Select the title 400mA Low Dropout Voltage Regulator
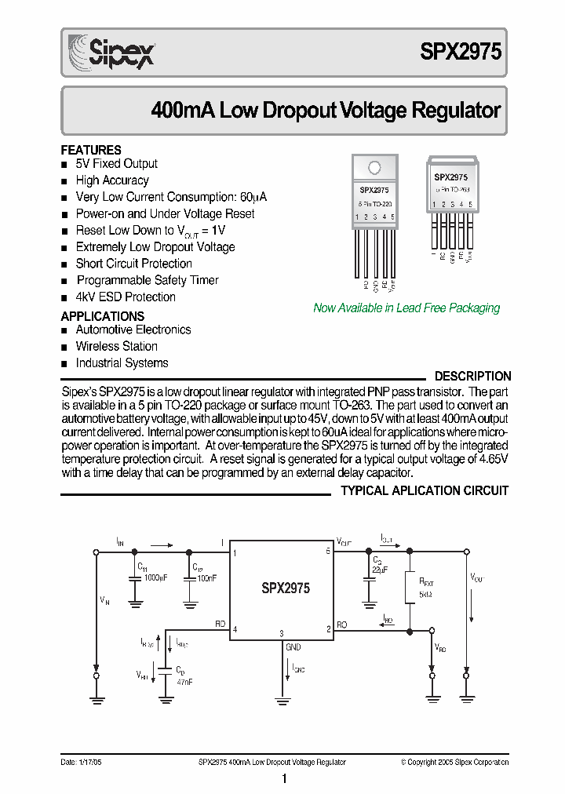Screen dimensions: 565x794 coord(325,110)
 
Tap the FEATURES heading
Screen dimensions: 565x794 coord(91,150)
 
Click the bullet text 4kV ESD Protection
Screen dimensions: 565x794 coord(126,297)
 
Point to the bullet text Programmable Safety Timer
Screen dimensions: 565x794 coord(147,280)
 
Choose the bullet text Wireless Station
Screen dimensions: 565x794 coord(116,346)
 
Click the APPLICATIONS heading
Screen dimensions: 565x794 coord(103,316)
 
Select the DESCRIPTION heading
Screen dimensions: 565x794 coord(472,377)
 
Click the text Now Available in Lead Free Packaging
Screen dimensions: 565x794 coord(406,308)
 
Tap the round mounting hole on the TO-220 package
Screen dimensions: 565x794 coord(374,167)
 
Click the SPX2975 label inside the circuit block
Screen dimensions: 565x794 coord(285,588)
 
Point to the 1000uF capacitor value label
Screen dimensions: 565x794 coord(155,577)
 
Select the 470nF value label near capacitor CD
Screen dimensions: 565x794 coord(184,682)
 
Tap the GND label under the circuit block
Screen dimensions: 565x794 coord(293,647)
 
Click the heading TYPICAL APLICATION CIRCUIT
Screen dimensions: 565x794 coord(425,490)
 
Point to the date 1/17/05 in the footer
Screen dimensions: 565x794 coord(78,762)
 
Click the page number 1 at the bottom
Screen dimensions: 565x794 coord(284,779)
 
